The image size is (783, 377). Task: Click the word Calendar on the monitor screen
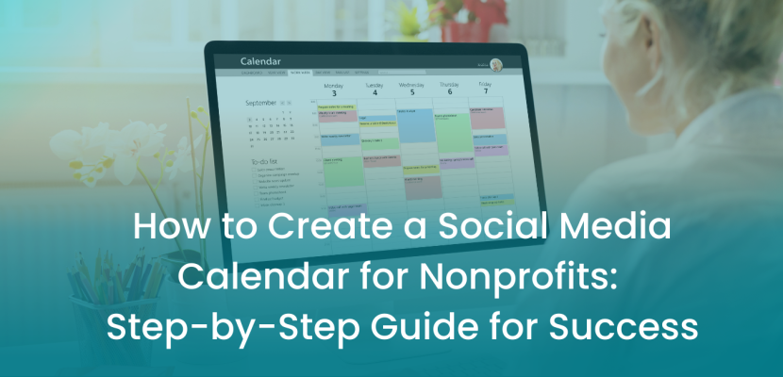[261, 61]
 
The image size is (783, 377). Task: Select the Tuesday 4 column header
[375, 90]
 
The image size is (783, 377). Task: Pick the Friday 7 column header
[485, 90]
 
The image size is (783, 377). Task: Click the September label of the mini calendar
[261, 102]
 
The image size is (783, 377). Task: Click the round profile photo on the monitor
[496, 65]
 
